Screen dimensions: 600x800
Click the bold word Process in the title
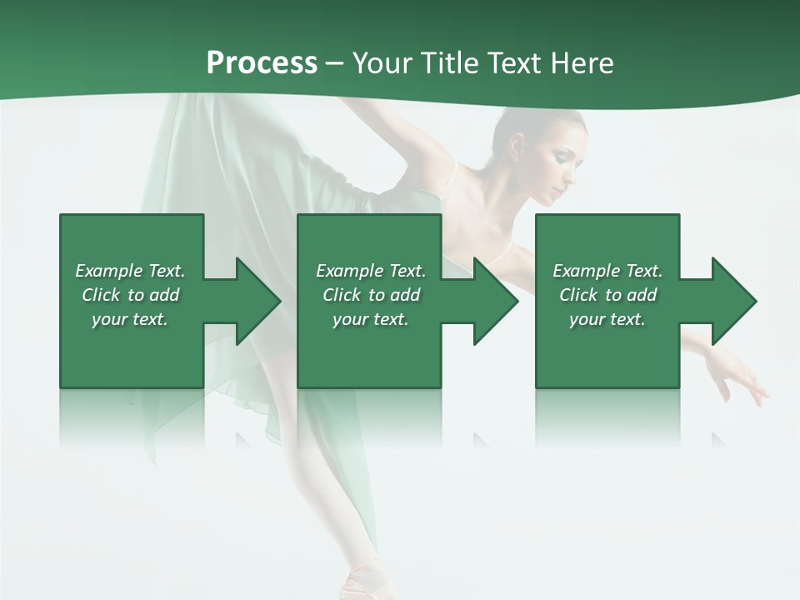tap(262, 63)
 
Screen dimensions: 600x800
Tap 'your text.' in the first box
tap(130, 319)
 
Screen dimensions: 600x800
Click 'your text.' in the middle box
tap(371, 319)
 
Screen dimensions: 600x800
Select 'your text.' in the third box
tap(607, 319)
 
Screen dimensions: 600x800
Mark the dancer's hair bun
tap(510, 125)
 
